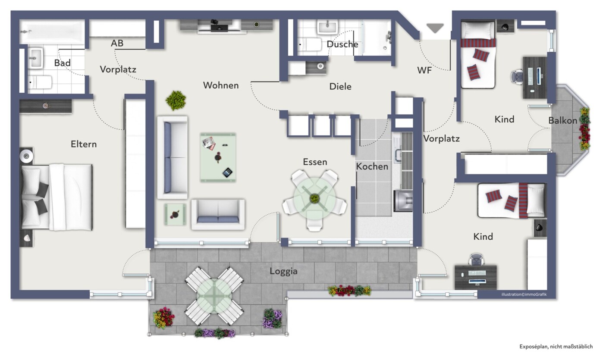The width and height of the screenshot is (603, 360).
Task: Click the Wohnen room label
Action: [221, 85]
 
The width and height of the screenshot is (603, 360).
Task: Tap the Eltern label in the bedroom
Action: [84, 144]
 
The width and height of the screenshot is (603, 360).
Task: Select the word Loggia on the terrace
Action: [283, 271]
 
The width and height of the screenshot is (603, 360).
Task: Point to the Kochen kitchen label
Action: [372, 166]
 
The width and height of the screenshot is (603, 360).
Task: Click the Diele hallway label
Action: [340, 87]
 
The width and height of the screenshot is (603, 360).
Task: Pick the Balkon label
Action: [562, 121]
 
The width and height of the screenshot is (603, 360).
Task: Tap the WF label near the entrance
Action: [424, 71]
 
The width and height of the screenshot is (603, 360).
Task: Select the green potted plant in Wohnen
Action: [176, 100]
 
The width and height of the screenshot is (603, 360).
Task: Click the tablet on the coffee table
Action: [227, 172]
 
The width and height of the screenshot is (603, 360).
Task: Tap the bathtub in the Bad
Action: [52, 32]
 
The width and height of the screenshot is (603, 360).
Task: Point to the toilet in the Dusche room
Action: [310, 44]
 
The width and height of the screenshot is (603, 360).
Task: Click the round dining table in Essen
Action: [314, 199]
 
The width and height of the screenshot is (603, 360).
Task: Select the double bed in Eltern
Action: [57, 197]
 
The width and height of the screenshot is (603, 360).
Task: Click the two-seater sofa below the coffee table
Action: [218, 214]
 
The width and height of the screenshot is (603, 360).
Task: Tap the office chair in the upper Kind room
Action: [517, 77]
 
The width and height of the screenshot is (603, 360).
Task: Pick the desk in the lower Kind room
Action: [476, 278]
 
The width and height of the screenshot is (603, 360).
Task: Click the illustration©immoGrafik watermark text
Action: [524, 294]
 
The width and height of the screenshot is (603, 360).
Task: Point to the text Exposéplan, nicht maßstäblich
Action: [556, 347]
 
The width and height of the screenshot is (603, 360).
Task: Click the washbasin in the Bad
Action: [35, 58]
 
